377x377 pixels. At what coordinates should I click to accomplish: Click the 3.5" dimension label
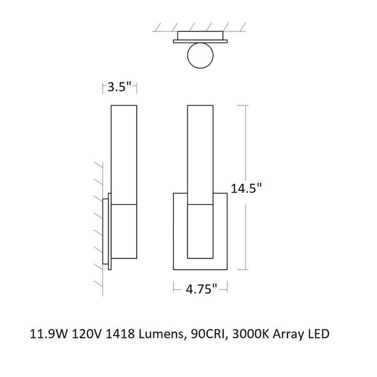(119, 86)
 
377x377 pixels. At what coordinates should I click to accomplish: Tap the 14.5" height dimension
(246, 188)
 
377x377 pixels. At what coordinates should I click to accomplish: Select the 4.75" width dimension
(201, 289)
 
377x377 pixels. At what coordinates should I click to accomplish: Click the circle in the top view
(200, 56)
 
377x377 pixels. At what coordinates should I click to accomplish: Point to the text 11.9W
(48, 334)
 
